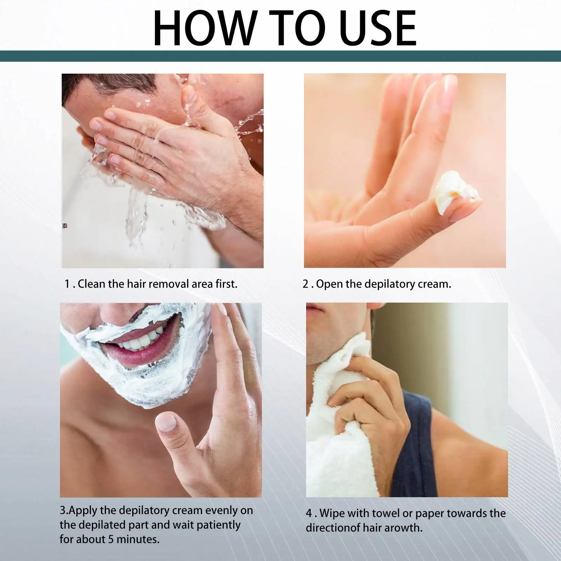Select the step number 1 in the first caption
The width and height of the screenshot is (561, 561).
tap(67, 284)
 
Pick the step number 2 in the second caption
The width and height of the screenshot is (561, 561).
tap(306, 284)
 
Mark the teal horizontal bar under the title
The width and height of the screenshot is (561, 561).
tap(280, 56)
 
